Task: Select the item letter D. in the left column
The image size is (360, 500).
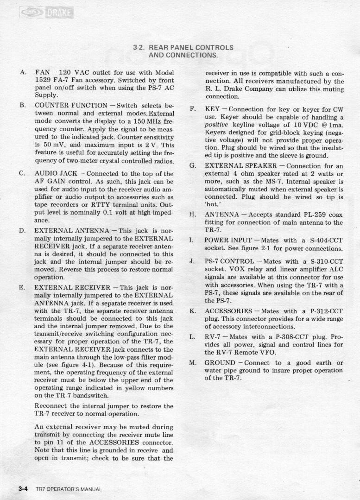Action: coord(23,230)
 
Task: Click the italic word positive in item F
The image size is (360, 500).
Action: coord(217,125)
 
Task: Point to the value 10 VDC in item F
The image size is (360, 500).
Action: coord(303,125)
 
